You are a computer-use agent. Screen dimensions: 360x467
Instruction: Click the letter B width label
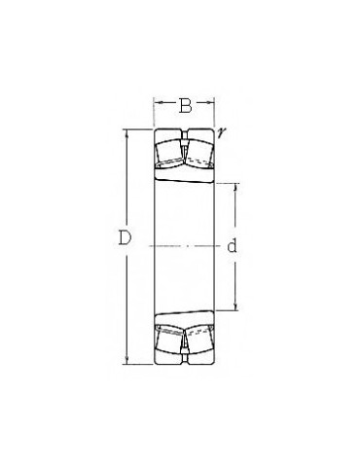click(185, 106)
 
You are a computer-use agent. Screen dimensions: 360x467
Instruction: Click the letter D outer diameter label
click(125, 237)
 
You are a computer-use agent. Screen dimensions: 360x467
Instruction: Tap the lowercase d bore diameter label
click(232, 246)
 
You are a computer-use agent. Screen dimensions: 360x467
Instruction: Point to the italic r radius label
click(221, 132)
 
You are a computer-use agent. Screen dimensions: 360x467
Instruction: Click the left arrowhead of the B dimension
click(157, 103)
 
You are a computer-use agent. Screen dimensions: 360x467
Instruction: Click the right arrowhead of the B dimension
click(211, 103)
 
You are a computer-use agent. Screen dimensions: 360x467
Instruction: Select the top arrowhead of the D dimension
click(126, 133)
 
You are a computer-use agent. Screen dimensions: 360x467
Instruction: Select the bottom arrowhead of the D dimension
click(126, 360)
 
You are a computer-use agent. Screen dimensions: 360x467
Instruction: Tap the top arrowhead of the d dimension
click(235, 187)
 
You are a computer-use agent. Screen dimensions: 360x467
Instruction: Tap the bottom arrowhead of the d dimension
click(235, 306)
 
